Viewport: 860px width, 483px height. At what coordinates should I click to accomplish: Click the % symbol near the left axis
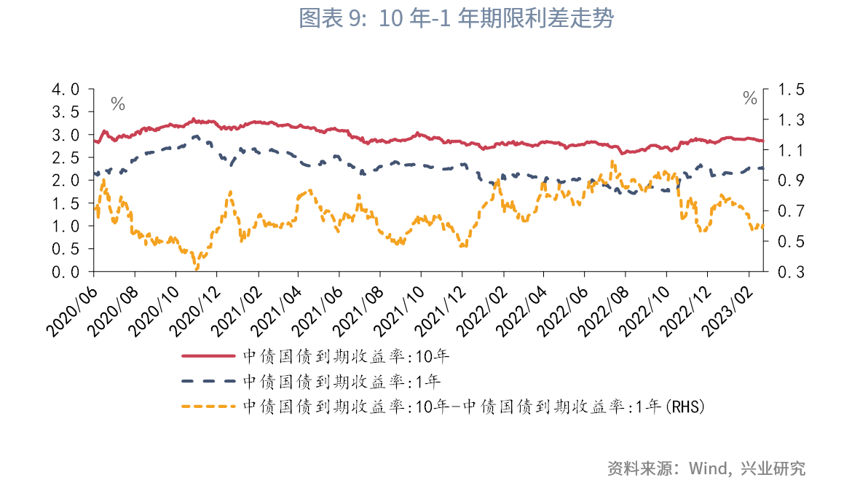pyautogui.click(x=118, y=104)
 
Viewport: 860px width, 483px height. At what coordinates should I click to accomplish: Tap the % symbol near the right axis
pyautogui.click(x=750, y=98)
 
